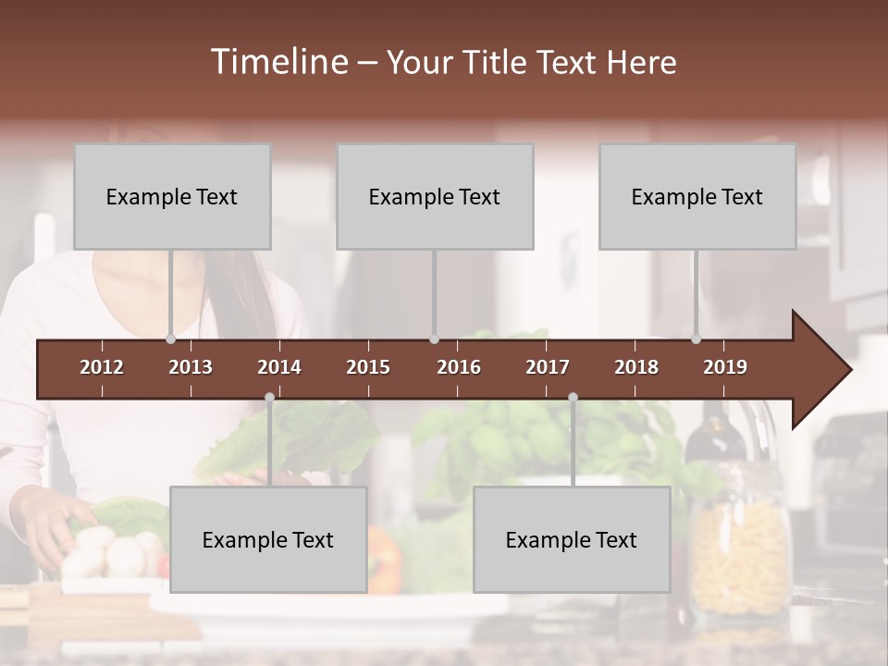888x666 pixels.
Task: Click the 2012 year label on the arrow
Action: pos(102,367)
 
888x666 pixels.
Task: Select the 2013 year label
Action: pos(191,367)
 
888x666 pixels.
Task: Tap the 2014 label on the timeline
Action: pos(279,367)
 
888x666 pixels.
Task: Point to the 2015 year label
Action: pos(368,367)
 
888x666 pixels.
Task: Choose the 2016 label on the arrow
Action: pos(459,367)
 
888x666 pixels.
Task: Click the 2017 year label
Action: pos(548,367)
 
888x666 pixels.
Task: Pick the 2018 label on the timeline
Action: pos(636,367)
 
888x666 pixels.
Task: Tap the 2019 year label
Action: pos(725,367)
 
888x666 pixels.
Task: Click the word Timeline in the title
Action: pos(278,62)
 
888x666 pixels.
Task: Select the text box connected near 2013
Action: pos(172,196)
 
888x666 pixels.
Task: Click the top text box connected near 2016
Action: pos(435,196)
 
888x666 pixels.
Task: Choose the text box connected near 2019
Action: pos(697,196)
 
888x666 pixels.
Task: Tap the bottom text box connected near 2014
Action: pos(268,539)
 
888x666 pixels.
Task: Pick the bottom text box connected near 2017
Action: pos(572,539)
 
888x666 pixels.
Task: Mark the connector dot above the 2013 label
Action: pos(170,339)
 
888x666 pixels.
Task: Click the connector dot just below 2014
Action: pos(269,398)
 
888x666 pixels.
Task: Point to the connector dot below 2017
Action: pos(573,398)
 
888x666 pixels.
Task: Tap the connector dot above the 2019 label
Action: pos(696,339)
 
